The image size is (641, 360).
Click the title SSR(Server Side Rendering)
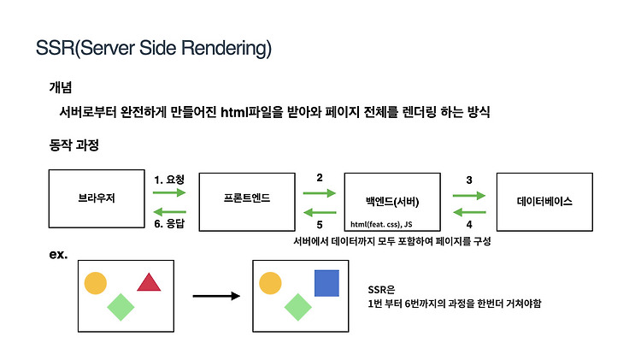(154, 48)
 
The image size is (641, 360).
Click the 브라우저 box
(97, 198)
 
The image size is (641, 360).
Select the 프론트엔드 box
(247, 202)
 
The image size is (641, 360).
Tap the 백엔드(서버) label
(392, 201)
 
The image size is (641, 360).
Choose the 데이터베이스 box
(544, 202)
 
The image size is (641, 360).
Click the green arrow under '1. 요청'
(169, 192)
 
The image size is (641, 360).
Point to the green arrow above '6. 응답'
(169, 211)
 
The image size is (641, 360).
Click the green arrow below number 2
(320, 193)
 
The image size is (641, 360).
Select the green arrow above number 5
(320, 212)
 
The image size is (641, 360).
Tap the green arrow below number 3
(469, 196)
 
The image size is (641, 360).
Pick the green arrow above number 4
(469, 212)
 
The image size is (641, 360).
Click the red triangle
(149, 283)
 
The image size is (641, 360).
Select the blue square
(326, 283)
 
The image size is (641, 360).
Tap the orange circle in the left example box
(96, 283)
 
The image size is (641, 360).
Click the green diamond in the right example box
(297, 307)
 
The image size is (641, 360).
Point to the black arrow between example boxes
(216, 296)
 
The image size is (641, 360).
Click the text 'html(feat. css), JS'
(381, 224)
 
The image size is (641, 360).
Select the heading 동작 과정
(74, 145)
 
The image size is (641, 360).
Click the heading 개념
(61, 87)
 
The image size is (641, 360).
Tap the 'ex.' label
(58, 255)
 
